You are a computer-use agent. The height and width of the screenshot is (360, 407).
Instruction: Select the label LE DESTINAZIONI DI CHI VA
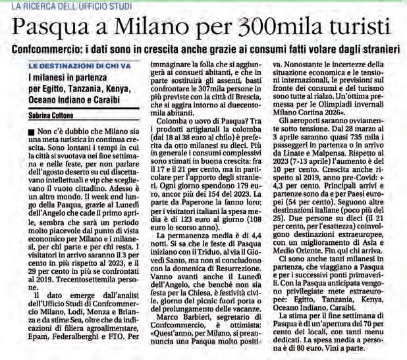click(x=78, y=66)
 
